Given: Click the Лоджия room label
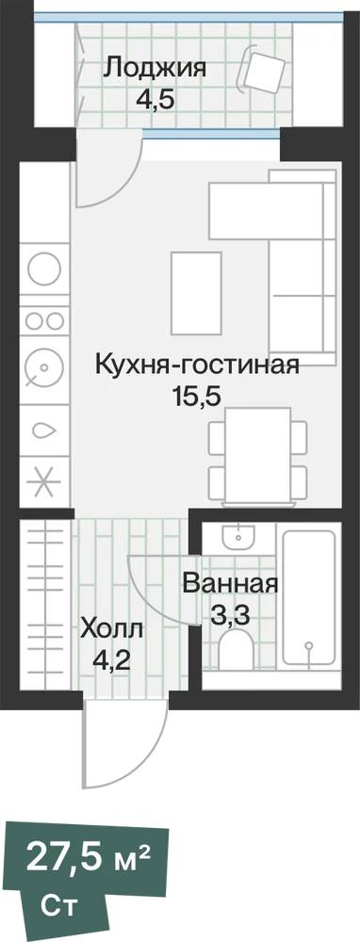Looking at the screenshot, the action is click(x=155, y=68).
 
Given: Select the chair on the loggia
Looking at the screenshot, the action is click(x=262, y=71).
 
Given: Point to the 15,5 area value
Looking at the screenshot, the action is click(x=198, y=397).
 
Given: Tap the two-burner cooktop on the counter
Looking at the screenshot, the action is click(x=45, y=320).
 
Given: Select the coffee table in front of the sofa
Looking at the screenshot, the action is click(x=196, y=293).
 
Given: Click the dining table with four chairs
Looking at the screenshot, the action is click(x=258, y=455).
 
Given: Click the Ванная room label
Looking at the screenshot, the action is click(x=230, y=583).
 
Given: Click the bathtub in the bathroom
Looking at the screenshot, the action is click(x=308, y=596).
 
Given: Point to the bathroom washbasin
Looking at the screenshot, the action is click(x=239, y=535).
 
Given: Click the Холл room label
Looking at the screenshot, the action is click(x=112, y=631).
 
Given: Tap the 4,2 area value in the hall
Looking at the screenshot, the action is click(x=112, y=662).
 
